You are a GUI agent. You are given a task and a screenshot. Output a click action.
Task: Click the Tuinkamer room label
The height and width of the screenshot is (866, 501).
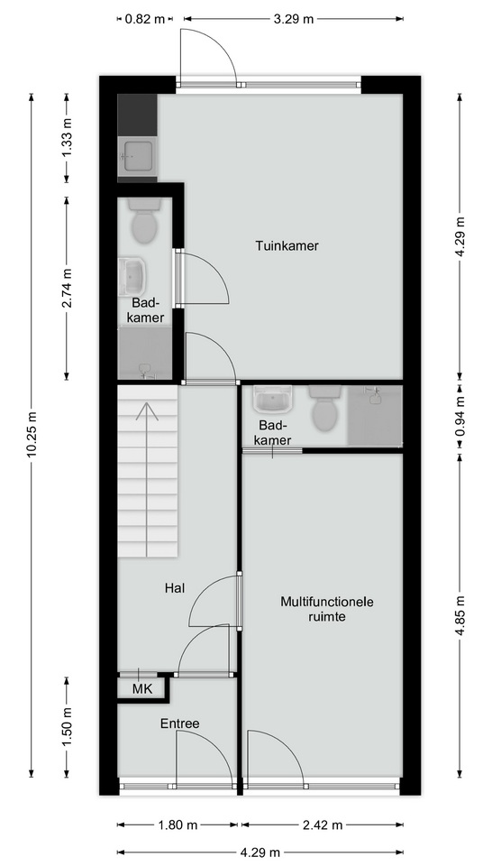287,245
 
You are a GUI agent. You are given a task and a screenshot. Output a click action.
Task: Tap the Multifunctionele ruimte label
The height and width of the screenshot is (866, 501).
327,609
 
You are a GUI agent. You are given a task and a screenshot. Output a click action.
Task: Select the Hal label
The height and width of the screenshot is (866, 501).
174,588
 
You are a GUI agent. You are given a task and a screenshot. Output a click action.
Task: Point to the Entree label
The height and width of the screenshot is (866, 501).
180,723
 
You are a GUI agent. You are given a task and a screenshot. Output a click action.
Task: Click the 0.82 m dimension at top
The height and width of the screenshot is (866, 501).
145,19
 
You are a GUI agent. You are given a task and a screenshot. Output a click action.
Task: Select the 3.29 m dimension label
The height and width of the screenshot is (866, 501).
294,19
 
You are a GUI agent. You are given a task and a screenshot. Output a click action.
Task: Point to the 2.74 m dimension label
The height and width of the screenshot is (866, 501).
67,288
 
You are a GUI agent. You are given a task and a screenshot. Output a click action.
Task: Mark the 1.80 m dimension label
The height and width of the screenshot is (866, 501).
178,825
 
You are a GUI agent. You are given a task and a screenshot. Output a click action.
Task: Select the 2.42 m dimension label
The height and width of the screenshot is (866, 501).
323,825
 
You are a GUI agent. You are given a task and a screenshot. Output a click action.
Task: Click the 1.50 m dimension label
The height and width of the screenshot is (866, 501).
67,727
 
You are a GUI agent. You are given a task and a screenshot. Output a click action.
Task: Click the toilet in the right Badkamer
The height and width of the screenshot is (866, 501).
325,408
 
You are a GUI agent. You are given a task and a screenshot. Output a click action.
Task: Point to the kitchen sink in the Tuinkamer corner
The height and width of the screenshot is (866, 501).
137,157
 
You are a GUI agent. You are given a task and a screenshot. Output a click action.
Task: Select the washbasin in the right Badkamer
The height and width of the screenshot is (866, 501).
272,399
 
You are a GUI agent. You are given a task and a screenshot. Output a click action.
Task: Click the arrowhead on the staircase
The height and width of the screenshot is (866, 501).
147,409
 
